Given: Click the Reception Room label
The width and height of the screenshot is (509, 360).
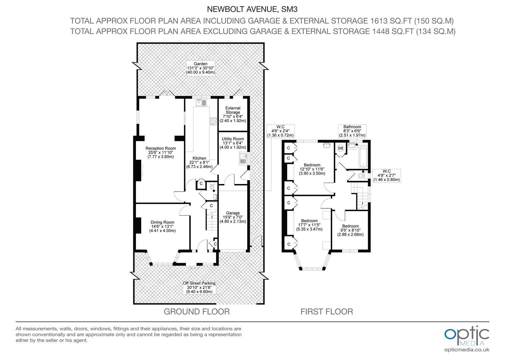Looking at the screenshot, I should tap(161, 152).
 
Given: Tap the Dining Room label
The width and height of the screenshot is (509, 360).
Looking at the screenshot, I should tap(162, 226).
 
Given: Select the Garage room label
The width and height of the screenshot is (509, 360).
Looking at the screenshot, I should tap(233, 217).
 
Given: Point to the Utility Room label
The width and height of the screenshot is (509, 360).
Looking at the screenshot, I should tap(233, 143).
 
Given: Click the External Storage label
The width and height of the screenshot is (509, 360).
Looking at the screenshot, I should tap(233, 114).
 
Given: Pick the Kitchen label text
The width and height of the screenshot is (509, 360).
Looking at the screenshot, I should tap(199, 162).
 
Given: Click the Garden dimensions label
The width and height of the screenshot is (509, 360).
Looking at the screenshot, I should tap(201, 68).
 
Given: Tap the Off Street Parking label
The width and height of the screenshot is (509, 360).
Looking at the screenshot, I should tap(199, 287).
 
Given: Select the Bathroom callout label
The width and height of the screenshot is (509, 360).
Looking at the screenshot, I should tap(352, 131).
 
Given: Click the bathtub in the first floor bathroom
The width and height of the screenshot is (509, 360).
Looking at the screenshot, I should tap(364, 156).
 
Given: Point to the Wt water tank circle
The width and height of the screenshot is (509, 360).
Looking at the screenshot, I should tap(340, 148).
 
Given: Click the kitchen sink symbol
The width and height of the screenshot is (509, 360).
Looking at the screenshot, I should tap(202, 103).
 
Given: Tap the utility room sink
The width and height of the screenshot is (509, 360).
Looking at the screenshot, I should tap(243, 159).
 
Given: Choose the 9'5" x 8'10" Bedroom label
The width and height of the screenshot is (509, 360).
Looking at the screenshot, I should tap(350, 230).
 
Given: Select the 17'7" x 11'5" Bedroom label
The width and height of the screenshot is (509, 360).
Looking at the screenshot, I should tap(309, 225).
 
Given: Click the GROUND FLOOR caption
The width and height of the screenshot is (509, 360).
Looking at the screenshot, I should tap(197, 312).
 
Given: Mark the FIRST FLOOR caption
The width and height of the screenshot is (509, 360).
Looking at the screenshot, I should tap(326, 312).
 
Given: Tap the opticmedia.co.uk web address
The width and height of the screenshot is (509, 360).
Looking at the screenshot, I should tap(467, 350).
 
